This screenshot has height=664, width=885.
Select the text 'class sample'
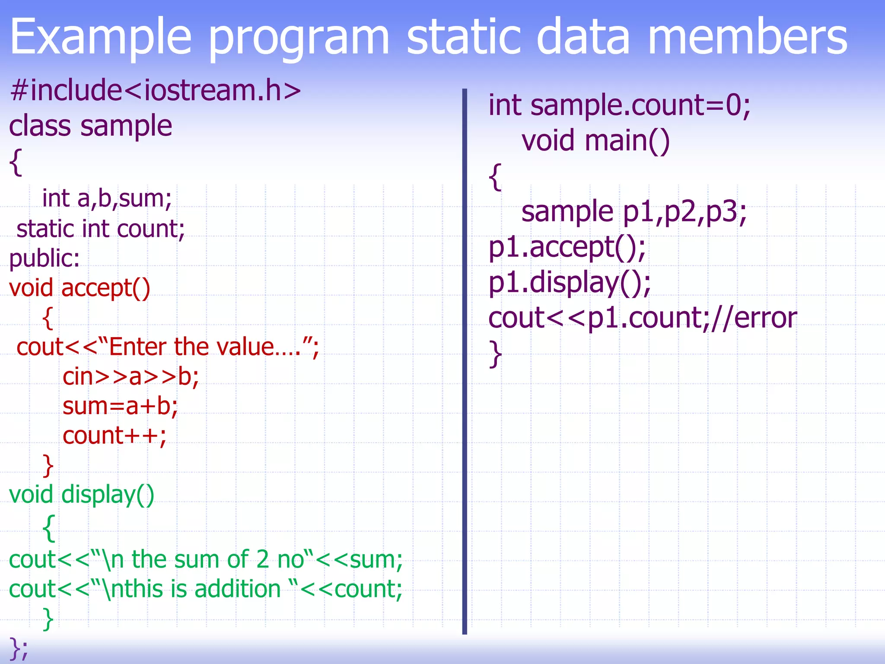[91, 126]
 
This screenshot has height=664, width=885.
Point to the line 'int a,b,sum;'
[107, 199]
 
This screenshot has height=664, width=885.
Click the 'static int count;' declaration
[100, 229]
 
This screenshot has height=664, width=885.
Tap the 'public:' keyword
[45, 259]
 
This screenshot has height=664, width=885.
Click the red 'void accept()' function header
[80, 288]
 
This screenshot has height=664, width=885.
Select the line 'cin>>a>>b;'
[131, 377]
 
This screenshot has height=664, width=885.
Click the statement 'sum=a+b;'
[120, 406]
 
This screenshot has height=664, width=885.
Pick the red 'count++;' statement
[115, 436]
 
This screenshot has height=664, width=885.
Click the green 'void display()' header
[81, 495]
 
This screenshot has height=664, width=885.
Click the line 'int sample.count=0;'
[619, 105]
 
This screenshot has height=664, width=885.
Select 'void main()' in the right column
[595, 141]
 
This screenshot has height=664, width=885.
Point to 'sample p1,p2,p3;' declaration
[634, 212]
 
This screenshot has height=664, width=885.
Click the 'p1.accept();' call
[567, 247]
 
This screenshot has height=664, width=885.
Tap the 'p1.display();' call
[570, 283]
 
